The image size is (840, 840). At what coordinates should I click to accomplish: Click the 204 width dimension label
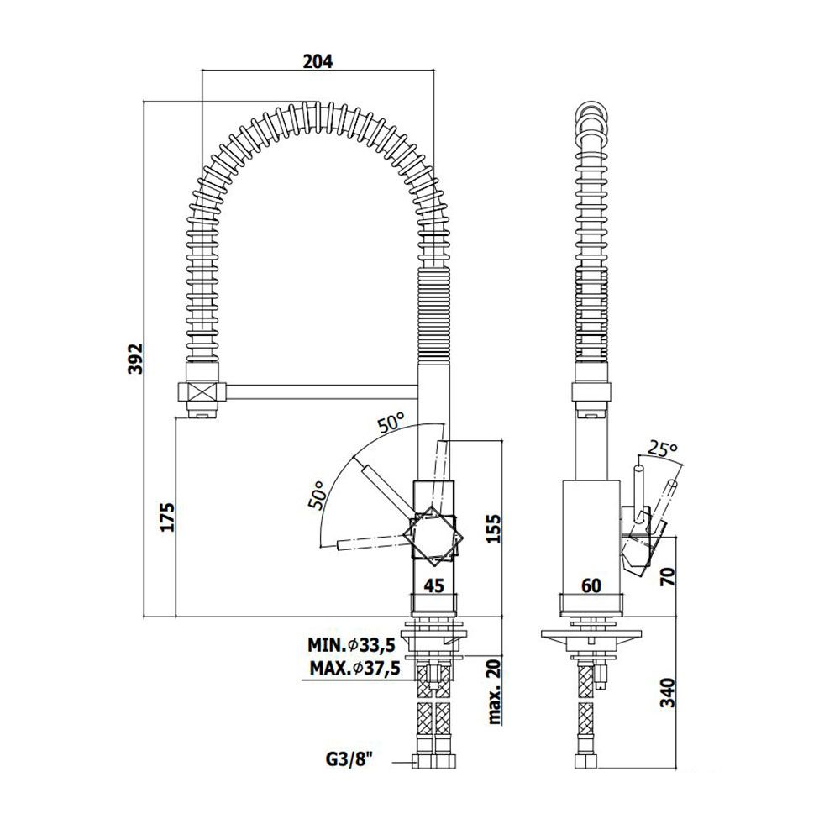coord(318,61)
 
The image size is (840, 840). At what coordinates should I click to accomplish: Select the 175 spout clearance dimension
coord(168,517)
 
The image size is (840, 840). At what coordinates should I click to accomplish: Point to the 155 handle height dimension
coord(493,528)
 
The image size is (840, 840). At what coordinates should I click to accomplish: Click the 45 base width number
coord(434,586)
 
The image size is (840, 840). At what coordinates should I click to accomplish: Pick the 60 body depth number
coord(591,586)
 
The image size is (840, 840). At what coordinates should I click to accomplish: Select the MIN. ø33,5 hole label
coord(351,645)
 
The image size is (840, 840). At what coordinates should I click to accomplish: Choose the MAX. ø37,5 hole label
coord(354,669)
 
